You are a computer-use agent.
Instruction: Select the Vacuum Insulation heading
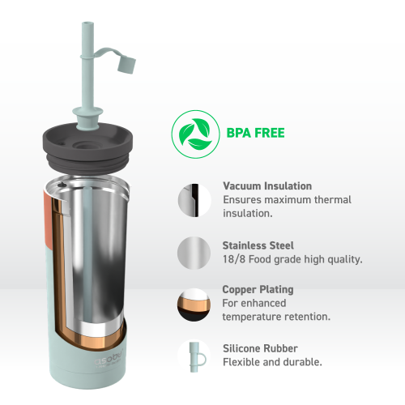(x=266, y=185)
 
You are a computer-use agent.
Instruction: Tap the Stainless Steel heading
(x=258, y=245)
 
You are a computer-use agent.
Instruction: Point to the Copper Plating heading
(x=258, y=289)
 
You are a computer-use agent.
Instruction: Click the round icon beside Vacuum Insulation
(x=192, y=199)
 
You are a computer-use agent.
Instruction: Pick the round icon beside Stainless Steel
(x=192, y=252)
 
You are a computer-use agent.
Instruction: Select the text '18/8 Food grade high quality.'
(x=292, y=259)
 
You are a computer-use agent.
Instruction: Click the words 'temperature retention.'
(x=275, y=318)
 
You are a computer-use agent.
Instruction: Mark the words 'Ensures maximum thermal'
(x=287, y=199)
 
